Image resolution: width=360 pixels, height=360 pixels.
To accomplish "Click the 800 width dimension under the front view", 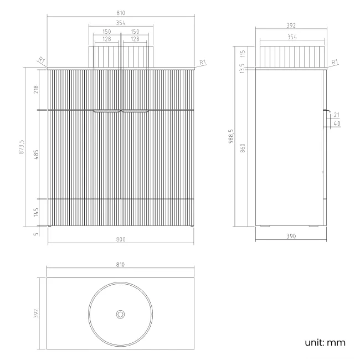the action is click(121, 239).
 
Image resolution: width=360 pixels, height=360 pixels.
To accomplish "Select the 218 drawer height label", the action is click(36, 89).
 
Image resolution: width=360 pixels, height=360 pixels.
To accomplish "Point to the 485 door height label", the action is click(36, 155).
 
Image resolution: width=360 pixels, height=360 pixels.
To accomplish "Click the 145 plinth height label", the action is click(36, 212).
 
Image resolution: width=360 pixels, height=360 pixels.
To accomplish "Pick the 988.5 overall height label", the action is click(231, 136).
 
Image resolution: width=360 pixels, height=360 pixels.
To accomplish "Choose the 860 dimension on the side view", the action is click(243, 148).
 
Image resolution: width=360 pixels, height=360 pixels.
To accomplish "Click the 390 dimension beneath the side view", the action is click(291, 236).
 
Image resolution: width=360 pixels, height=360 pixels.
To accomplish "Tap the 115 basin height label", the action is click(243, 54).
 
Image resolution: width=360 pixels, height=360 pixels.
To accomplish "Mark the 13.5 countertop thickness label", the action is click(242, 69).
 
